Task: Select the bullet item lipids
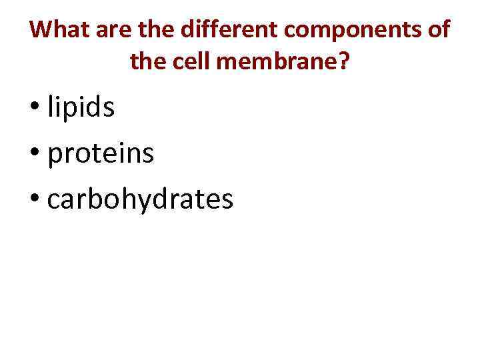(81, 109)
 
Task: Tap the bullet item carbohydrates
(140, 199)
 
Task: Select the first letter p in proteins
(56, 157)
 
